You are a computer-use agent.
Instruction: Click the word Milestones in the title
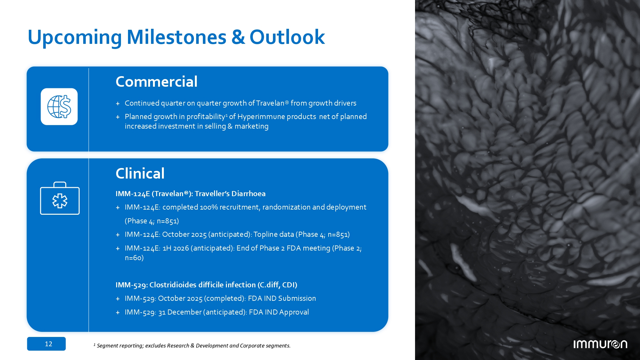tap(176, 37)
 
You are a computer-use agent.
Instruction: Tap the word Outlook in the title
tap(287, 37)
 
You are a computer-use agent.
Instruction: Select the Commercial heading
tap(156, 82)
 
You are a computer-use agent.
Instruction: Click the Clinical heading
tap(140, 173)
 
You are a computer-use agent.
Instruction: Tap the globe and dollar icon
tap(59, 107)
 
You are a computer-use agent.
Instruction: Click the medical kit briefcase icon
tap(60, 198)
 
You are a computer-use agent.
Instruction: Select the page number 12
tap(49, 344)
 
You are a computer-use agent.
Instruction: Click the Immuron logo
tap(600, 344)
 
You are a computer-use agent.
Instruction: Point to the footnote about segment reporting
tap(192, 346)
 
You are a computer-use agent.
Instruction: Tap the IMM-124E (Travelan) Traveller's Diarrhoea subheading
tap(190, 194)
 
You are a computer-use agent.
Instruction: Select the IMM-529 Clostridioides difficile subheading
tap(206, 285)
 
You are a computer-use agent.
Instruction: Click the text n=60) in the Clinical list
tap(134, 258)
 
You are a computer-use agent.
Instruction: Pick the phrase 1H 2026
tap(176, 248)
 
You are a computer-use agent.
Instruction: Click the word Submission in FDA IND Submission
tap(297, 299)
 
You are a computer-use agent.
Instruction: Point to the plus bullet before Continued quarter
tap(118, 104)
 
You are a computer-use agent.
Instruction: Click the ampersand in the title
tap(238, 37)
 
